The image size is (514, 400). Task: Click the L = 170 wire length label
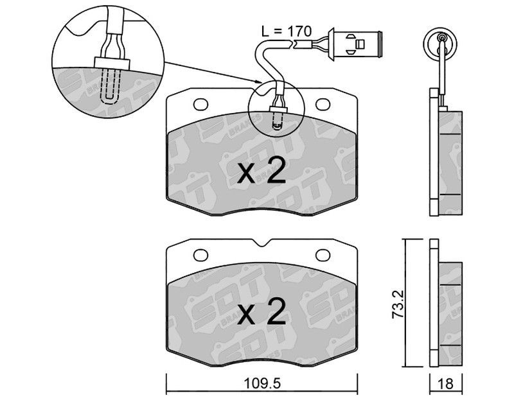[x=286, y=31]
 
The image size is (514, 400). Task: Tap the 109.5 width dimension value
[x=262, y=383]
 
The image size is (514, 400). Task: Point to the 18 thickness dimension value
[x=445, y=383]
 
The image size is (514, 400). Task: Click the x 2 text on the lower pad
[x=262, y=311]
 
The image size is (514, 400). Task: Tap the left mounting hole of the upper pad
[x=200, y=105]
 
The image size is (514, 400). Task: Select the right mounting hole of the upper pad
[x=323, y=104]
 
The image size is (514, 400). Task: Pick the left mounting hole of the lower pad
[x=200, y=255]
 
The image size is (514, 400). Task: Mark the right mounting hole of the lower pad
[x=323, y=254]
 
